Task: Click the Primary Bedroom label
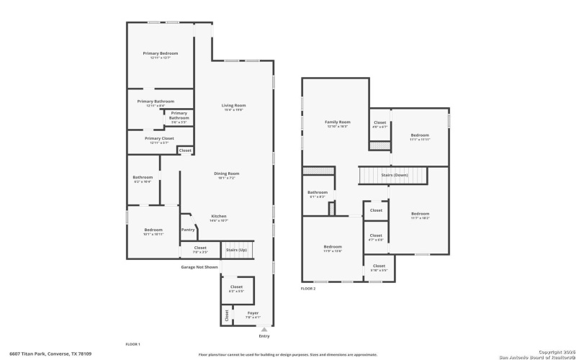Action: click(x=160, y=53)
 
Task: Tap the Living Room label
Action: click(x=233, y=106)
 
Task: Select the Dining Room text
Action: click(x=226, y=174)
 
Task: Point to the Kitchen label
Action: click(x=219, y=216)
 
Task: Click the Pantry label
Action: click(x=188, y=230)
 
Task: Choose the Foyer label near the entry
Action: click(x=253, y=313)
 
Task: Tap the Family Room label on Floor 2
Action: click(x=338, y=122)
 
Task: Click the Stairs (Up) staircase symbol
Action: click(x=238, y=249)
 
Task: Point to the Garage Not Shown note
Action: click(x=199, y=267)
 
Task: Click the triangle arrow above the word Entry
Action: click(x=264, y=330)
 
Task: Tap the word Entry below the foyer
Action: click(x=264, y=336)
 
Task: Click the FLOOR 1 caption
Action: click(x=132, y=344)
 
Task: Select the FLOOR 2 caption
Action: click(x=308, y=288)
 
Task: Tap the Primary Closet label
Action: click(x=159, y=138)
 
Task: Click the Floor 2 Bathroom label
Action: click(x=318, y=192)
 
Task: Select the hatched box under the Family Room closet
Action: click(x=379, y=145)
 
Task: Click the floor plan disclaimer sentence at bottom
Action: click(x=288, y=354)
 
